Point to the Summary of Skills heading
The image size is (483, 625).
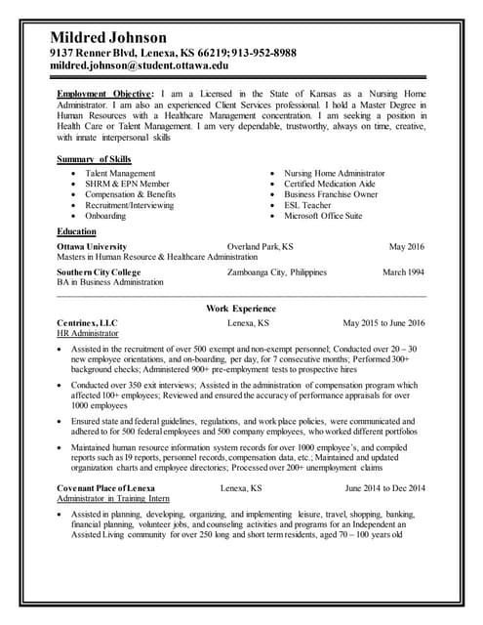pyautogui.click(x=95, y=158)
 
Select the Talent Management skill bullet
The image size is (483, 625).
pyautogui.click(x=120, y=173)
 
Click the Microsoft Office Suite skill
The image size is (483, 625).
pyautogui.click(x=322, y=216)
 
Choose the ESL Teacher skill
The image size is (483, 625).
pyautogui.click(x=306, y=205)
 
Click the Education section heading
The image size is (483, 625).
pyautogui.click(x=77, y=230)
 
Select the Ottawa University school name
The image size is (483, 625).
pyautogui.click(x=92, y=246)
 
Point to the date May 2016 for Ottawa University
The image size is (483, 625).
pyautogui.click(x=407, y=246)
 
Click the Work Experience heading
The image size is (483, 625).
pyautogui.click(x=241, y=309)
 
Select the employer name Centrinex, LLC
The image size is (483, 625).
pyautogui.click(x=87, y=322)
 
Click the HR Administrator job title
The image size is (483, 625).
pyautogui.click(x=88, y=333)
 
